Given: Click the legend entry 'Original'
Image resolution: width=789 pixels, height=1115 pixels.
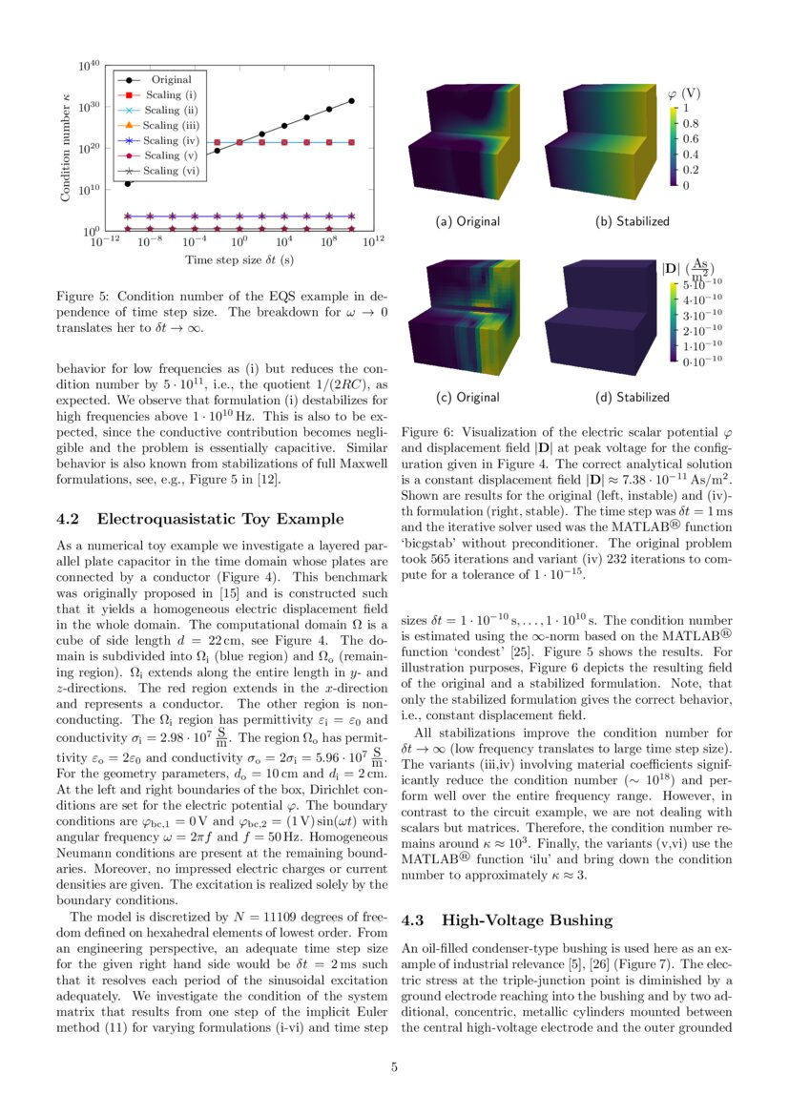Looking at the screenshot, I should (x=171, y=80).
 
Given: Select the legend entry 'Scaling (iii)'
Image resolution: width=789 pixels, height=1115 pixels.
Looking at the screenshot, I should (x=173, y=125).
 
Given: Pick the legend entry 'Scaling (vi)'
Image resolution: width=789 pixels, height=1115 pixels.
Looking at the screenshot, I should (x=173, y=171).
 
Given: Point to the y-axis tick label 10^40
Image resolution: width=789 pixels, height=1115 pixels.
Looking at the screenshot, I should (x=90, y=66).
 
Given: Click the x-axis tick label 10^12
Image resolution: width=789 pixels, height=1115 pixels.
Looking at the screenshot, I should (x=373, y=244).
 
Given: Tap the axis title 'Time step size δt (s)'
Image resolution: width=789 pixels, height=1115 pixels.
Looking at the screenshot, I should (x=239, y=259).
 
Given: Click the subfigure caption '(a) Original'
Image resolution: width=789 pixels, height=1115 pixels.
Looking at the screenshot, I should (x=467, y=221).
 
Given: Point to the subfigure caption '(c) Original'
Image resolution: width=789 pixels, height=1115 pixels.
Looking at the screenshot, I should (x=467, y=397).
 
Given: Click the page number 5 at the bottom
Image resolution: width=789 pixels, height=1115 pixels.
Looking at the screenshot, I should (x=394, y=1066).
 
